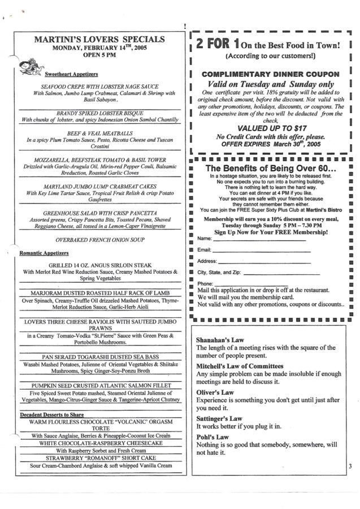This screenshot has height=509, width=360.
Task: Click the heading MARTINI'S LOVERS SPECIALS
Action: (99, 39)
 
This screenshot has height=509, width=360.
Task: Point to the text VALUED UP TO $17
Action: (271, 128)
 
